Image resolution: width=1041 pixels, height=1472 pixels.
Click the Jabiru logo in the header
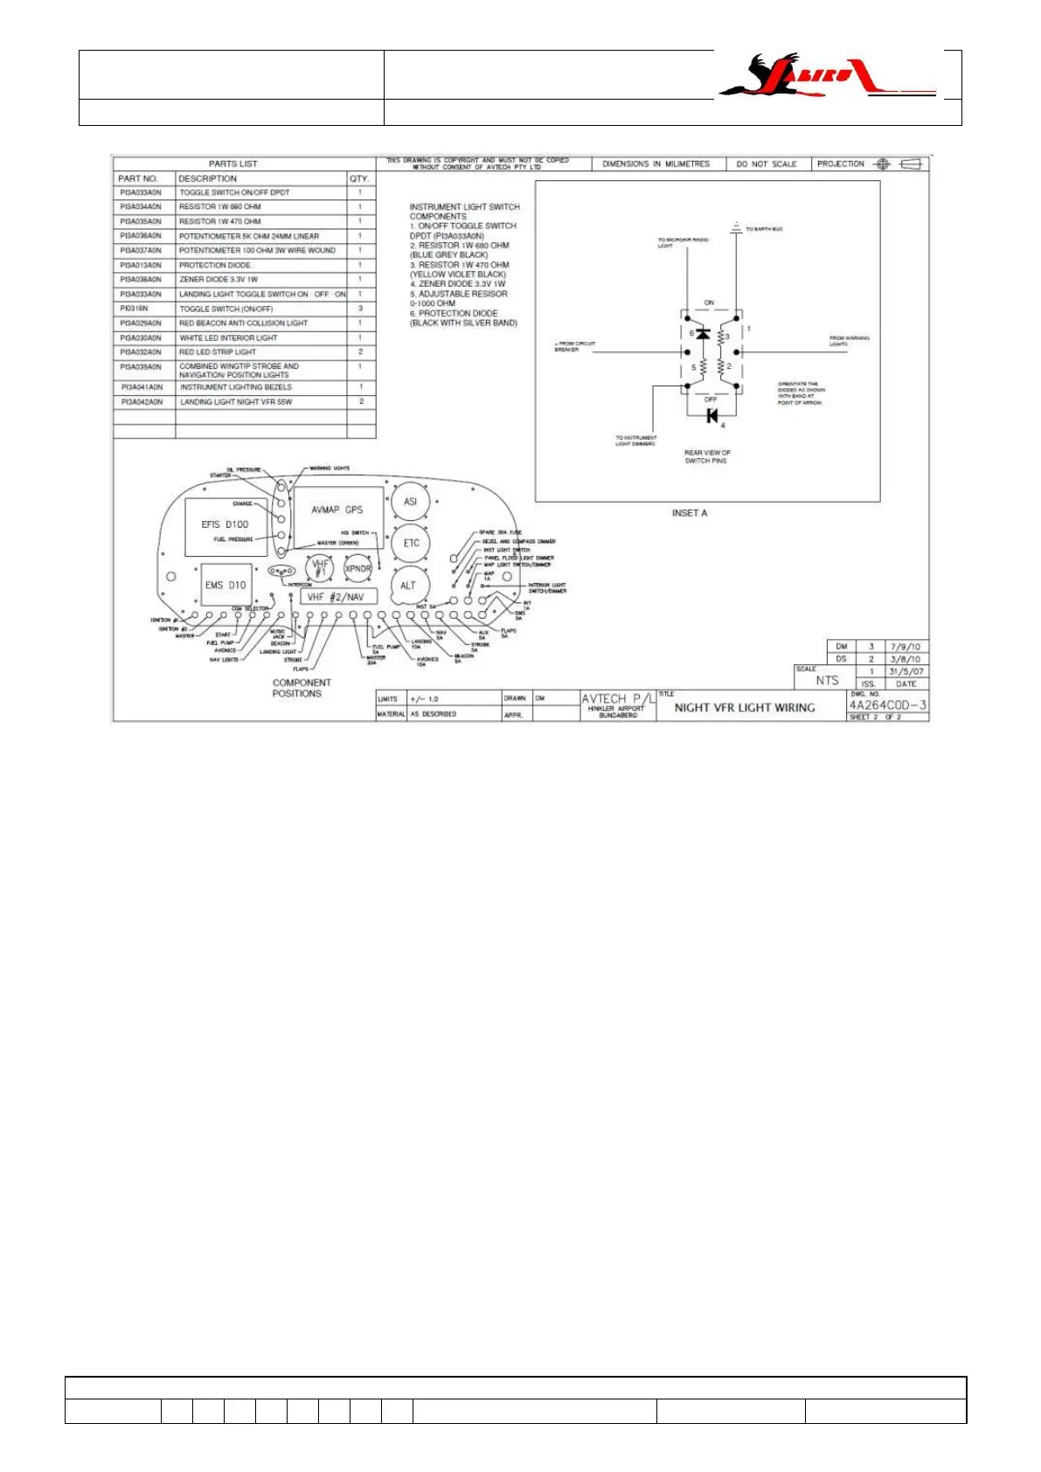pyautogui.click(x=826, y=76)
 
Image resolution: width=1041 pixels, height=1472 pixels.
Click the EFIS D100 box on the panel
pyautogui.click(x=226, y=524)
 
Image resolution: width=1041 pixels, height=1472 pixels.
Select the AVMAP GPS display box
pyautogui.click(x=337, y=517)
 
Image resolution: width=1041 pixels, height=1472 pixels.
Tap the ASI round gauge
pyautogui.click(x=410, y=502)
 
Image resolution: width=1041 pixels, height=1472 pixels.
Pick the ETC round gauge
pyautogui.click(x=411, y=543)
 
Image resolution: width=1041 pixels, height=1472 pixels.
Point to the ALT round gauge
pyautogui.click(x=408, y=585)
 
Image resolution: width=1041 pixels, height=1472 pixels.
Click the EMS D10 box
pyautogui.click(x=226, y=585)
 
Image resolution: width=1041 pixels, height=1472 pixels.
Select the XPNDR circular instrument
pyautogui.click(x=358, y=568)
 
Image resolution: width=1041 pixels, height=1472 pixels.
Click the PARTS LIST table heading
pyautogui.click(x=233, y=163)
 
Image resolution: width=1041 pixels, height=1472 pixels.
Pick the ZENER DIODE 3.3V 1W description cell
pyautogui.click(x=219, y=280)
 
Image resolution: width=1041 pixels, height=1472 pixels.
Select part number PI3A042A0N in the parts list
pyautogui.click(x=142, y=402)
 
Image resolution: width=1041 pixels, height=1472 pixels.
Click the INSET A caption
pyautogui.click(x=689, y=513)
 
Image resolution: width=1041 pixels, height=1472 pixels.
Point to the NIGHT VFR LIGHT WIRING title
pyautogui.click(x=744, y=708)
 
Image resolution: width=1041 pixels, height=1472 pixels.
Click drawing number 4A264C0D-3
pyautogui.click(x=887, y=705)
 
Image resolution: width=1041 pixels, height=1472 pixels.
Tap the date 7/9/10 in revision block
pyautogui.click(x=905, y=647)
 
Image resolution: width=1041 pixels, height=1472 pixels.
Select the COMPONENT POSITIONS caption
pyautogui.click(x=301, y=688)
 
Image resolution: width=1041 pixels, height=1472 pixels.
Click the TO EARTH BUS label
pyautogui.click(x=764, y=229)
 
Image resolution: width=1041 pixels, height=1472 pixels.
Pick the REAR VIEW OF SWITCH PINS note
pyautogui.click(x=706, y=456)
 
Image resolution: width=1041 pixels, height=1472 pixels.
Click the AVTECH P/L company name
pyautogui.click(x=617, y=698)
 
